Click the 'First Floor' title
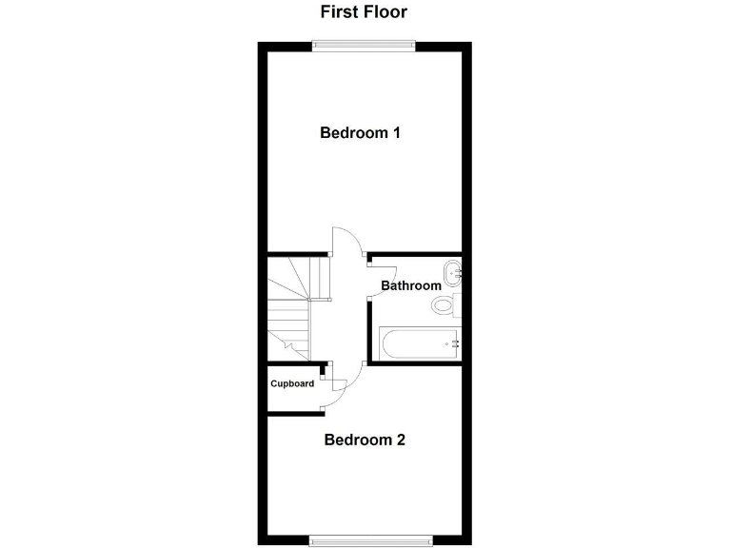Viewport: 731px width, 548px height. [365, 12]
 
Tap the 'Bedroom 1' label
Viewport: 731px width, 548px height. [359, 133]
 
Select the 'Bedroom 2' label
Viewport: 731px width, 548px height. [365, 440]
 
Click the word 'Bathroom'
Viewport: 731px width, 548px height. [411, 285]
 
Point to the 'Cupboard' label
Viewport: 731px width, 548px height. [292, 383]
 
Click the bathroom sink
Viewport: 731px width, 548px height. [452, 272]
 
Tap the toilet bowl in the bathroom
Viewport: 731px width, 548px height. [443, 305]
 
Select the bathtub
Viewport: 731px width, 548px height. [417, 342]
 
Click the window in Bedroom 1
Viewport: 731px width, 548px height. [365, 45]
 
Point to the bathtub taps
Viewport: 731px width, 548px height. [454, 342]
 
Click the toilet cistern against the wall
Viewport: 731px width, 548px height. [457, 305]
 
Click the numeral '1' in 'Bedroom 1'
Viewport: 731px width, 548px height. [395, 133]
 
